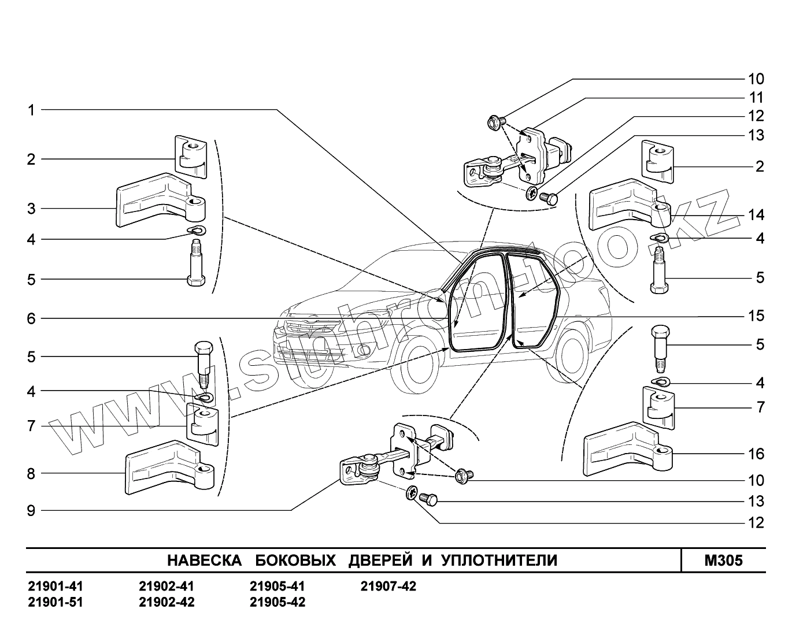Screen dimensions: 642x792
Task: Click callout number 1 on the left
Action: click(x=31, y=110)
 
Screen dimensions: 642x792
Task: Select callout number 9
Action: click(x=31, y=510)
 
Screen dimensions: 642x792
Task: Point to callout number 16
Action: click(x=756, y=454)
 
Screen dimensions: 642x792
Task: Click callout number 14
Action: click(x=756, y=215)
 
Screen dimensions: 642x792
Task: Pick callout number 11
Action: click(x=756, y=97)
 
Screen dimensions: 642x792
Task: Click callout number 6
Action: click(x=31, y=318)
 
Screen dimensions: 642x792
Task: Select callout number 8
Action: click(x=31, y=474)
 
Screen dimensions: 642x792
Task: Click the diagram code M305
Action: click(x=723, y=561)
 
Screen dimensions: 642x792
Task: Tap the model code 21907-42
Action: click(x=388, y=587)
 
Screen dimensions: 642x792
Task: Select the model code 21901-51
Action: click(x=55, y=602)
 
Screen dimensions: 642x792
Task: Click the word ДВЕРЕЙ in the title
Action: click(x=380, y=561)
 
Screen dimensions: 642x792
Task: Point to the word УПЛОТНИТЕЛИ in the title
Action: click(x=499, y=561)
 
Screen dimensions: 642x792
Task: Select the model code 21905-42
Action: click(x=277, y=602)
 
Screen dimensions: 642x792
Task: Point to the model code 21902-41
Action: click(x=166, y=587)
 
